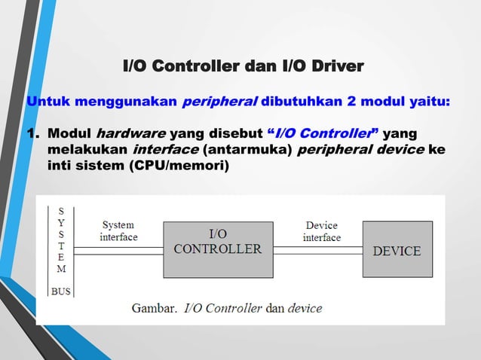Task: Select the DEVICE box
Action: [397, 249]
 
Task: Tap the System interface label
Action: [118, 231]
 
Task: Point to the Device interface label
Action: [322, 231]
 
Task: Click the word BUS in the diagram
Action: [61, 291]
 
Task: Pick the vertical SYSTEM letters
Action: [61, 239]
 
